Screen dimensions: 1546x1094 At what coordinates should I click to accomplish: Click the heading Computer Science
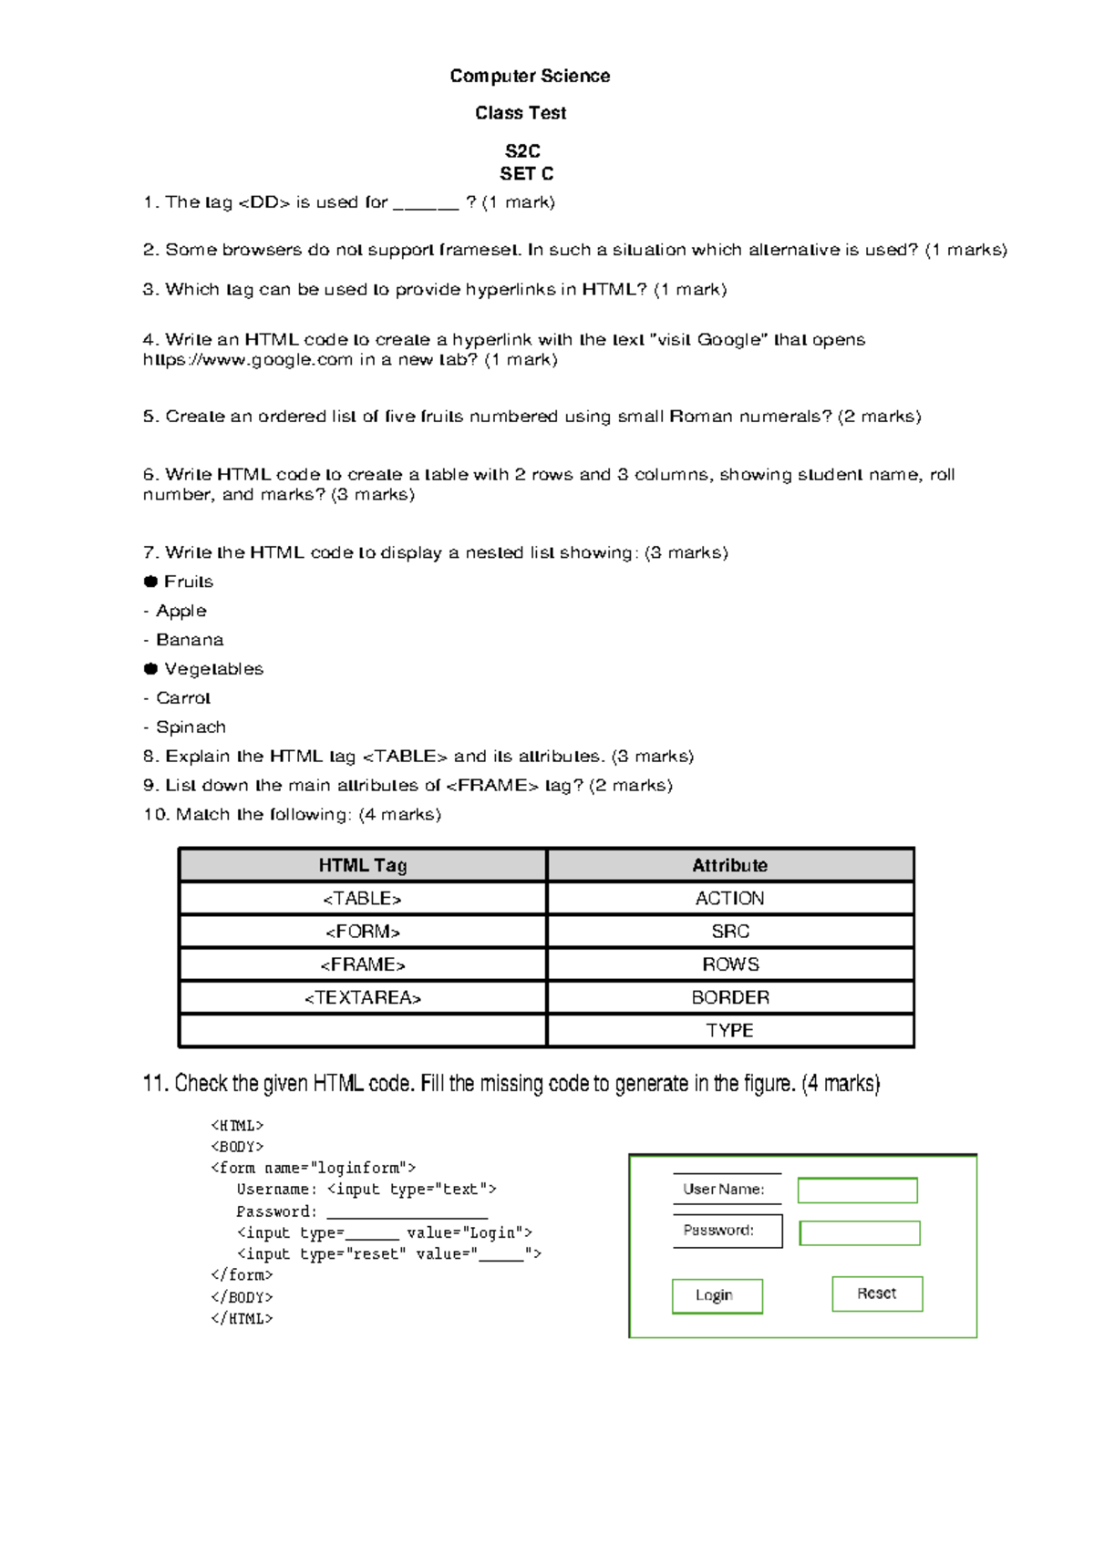click(x=530, y=76)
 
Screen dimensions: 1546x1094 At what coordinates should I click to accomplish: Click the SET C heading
click(x=526, y=173)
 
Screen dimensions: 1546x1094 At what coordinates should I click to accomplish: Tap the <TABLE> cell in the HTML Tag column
click(x=362, y=899)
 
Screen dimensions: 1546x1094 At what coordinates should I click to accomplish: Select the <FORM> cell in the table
click(x=362, y=932)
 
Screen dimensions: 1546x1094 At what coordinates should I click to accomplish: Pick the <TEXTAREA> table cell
click(x=362, y=997)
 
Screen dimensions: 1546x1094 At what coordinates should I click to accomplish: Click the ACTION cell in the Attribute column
click(x=729, y=899)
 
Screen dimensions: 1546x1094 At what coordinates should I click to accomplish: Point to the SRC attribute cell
click(x=729, y=932)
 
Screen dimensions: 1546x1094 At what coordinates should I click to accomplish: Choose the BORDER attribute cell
click(x=729, y=997)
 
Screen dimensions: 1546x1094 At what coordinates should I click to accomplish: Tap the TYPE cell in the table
click(x=729, y=1030)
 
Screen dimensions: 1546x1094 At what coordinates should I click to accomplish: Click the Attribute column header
click(x=729, y=865)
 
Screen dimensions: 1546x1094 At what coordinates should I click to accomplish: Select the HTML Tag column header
click(x=362, y=865)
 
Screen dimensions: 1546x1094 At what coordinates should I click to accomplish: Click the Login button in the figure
click(x=717, y=1295)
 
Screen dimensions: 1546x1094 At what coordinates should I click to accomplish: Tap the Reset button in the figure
click(x=877, y=1293)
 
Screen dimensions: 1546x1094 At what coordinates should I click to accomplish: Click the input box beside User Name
click(x=857, y=1190)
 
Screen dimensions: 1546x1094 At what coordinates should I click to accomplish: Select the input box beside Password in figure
click(x=859, y=1232)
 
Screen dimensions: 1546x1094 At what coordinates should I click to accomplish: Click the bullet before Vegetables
click(x=150, y=669)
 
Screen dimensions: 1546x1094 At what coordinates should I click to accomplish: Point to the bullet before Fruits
click(x=150, y=582)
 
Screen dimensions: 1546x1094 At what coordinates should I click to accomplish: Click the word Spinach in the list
click(x=191, y=727)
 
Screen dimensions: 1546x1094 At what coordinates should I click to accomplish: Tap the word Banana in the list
click(x=190, y=640)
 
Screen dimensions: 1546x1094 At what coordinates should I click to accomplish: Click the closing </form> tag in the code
click(x=242, y=1275)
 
